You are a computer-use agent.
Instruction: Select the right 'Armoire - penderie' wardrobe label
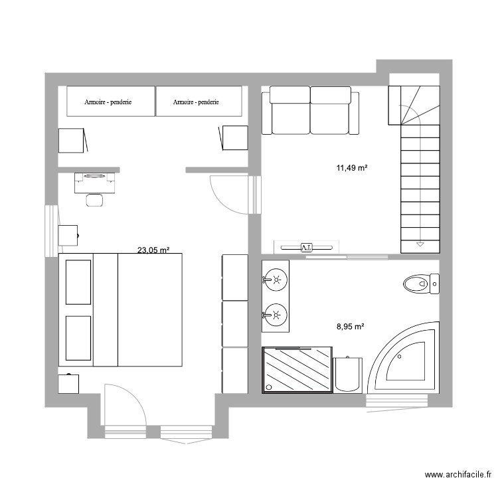[197, 102]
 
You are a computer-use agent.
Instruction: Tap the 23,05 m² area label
[153, 250]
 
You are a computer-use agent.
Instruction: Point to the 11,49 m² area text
[352, 169]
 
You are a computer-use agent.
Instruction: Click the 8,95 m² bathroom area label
[351, 326]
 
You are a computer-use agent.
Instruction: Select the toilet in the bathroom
[420, 285]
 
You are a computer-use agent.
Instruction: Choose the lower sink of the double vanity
[275, 312]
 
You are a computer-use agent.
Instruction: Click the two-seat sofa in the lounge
[310, 110]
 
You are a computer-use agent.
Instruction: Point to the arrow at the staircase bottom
[420, 244]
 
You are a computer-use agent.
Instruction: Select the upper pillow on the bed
[78, 282]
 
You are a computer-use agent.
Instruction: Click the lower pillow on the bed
[78, 338]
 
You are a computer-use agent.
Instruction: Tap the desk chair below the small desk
[95, 199]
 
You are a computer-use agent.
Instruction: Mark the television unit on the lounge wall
[306, 247]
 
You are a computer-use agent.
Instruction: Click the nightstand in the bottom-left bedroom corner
[68, 383]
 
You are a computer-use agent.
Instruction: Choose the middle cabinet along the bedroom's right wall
[234, 324]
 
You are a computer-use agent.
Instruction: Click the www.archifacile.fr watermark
[457, 475]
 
